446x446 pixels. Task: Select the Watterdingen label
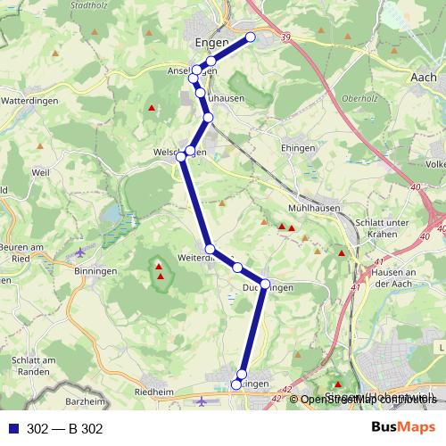[x=29, y=101]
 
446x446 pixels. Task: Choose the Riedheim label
[x=153, y=391]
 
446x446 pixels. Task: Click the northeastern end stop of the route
[x=251, y=37]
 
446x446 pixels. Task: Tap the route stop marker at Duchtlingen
[x=265, y=285]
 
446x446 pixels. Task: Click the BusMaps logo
[x=404, y=428]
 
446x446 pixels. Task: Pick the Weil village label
[x=39, y=171]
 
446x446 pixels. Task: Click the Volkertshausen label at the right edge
[x=436, y=164]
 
